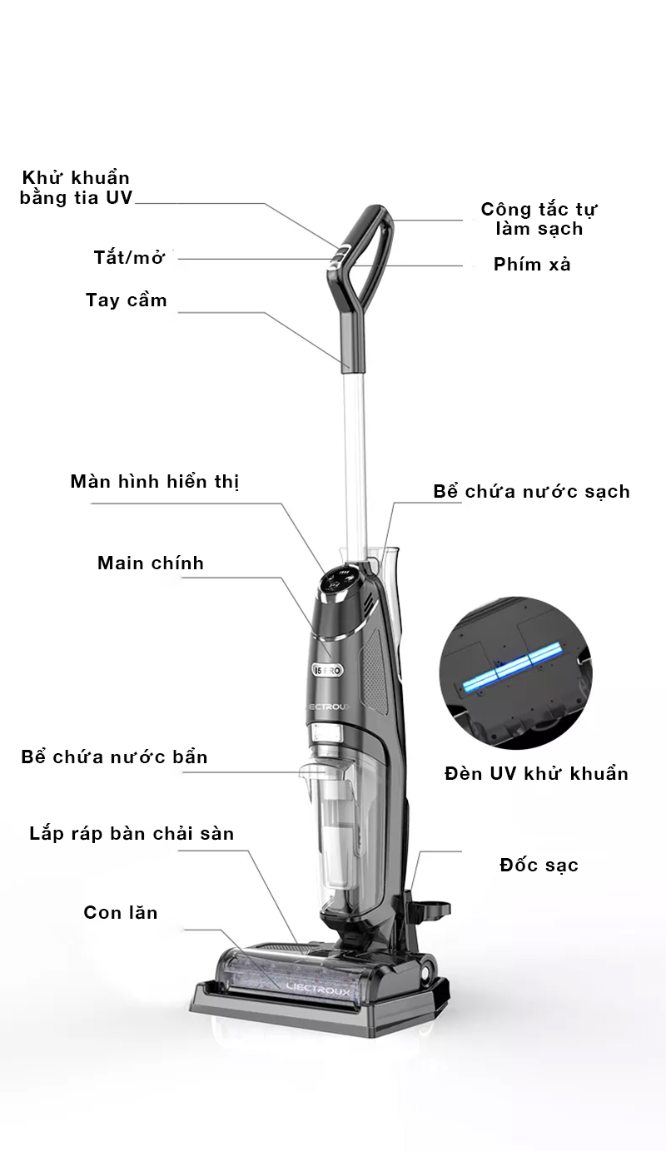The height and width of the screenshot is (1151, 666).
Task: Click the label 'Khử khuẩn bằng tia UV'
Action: click(x=76, y=188)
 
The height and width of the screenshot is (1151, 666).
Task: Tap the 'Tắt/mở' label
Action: click(x=129, y=257)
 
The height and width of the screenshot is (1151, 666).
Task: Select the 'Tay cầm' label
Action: click(x=127, y=300)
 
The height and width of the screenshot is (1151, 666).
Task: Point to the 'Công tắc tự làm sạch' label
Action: click(x=539, y=219)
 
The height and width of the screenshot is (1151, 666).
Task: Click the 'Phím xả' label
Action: click(x=532, y=265)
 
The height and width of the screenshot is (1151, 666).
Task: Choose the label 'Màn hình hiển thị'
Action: click(x=155, y=482)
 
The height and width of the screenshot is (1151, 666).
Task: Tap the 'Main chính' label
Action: click(x=151, y=563)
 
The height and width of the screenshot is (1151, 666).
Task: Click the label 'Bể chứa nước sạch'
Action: click(x=531, y=491)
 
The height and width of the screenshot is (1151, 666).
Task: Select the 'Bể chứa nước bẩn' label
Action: click(x=114, y=757)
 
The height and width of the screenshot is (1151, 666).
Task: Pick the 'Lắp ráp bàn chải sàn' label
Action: click(x=132, y=834)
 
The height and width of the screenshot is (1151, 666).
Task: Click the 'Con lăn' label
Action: click(x=121, y=913)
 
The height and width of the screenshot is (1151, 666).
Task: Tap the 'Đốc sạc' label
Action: click(x=539, y=866)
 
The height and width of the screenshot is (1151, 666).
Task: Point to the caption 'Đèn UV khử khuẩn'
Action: click(x=536, y=774)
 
